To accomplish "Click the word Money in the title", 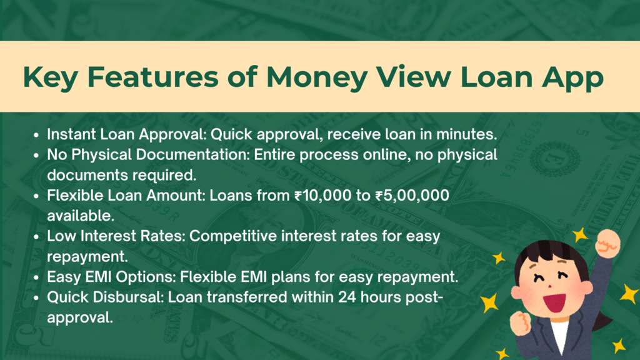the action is [317, 77].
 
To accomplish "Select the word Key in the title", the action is [50, 77].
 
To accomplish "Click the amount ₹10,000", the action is [323, 196].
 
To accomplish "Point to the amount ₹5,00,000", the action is [412, 196].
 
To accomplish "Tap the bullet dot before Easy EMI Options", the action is [36, 277].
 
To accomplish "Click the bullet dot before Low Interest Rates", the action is [36, 237].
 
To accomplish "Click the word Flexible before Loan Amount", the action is [75, 196].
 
